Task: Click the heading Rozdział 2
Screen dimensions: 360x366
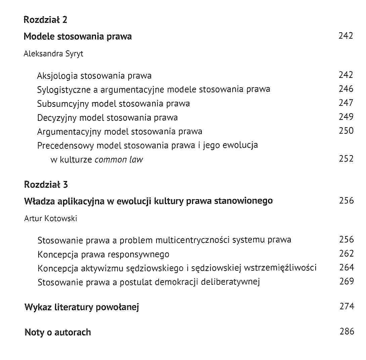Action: [45, 20]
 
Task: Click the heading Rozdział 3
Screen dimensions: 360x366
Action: [46, 184]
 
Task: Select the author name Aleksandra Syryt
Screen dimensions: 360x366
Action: [53, 54]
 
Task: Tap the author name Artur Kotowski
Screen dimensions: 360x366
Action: [50, 219]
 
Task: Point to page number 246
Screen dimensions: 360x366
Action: [346, 89]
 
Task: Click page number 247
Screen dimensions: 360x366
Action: [346, 103]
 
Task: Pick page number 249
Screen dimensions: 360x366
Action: [346, 117]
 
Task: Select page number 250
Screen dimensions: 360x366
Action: [346, 131]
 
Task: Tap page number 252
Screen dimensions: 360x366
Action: [346, 159]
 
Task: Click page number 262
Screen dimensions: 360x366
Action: [347, 254]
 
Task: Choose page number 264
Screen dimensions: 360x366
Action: [347, 268]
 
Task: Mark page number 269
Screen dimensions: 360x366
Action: [347, 282]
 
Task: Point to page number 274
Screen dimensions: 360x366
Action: [347, 307]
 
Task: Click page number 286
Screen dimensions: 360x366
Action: [347, 332]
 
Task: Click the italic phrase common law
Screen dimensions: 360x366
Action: [119, 160]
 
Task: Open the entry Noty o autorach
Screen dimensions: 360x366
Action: [58, 332]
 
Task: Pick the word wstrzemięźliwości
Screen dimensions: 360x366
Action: [280, 268]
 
